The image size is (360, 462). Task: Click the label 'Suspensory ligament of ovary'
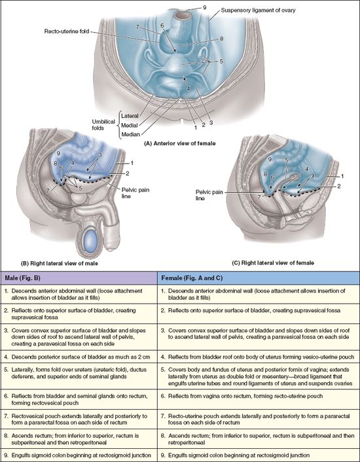pyautogui.click(x=258, y=10)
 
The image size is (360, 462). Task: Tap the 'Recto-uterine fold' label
pyautogui.click(x=67, y=31)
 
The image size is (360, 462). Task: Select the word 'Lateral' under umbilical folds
pyautogui.click(x=130, y=116)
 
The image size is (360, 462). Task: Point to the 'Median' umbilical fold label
pyautogui.click(x=130, y=134)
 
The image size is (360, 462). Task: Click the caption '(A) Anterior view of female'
pyautogui.click(x=180, y=143)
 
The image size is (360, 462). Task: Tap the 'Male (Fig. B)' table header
pyautogui.click(x=22, y=278)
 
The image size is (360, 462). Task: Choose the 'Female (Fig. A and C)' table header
pyautogui.click(x=192, y=278)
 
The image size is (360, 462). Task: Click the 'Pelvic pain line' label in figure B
pyautogui.click(x=135, y=192)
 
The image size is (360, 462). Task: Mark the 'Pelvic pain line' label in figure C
pyautogui.click(x=209, y=195)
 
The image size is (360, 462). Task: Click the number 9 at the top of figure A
pyautogui.click(x=204, y=8)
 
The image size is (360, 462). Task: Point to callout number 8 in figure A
pyautogui.click(x=221, y=39)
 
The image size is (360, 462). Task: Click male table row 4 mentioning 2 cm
pyautogui.click(x=77, y=357)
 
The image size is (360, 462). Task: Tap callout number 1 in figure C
pyautogui.click(x=342, y=176)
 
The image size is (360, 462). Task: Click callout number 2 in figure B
pyautogui.click(x=127, y=173)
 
